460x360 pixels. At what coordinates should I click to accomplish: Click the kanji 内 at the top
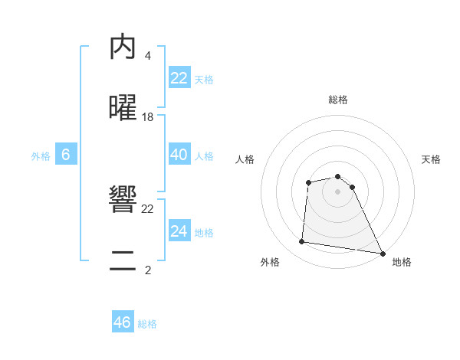[123, 47]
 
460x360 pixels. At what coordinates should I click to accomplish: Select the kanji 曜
[123, 108]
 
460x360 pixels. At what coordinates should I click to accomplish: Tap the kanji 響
[123, 200]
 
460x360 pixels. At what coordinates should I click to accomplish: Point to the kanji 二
[123, 261]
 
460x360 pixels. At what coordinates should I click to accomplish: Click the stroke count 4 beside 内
[147, 55]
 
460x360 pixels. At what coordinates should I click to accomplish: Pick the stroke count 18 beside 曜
[148, 116]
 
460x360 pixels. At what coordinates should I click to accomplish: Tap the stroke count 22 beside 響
[148, 208]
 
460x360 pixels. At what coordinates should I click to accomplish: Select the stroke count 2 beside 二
[147, 270]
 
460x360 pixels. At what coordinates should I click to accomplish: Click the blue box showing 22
[179, 78]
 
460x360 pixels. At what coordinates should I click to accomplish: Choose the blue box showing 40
[179, 155]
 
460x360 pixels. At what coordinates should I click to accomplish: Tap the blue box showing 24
[179, 231]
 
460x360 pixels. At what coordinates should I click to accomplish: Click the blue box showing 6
[66, 155]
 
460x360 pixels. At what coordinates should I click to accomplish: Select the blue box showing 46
[123, 322]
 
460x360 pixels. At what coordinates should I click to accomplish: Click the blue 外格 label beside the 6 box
[41, 156]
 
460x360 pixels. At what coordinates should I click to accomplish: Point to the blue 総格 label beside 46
[147, 324]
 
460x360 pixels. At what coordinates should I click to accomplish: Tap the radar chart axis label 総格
[337, 100]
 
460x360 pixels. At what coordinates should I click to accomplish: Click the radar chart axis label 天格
[431, 159]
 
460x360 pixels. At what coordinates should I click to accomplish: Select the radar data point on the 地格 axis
[382, 253]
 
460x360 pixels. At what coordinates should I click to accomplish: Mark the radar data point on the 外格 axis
[302, 242]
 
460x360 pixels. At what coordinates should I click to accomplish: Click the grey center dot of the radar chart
[337, 191]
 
